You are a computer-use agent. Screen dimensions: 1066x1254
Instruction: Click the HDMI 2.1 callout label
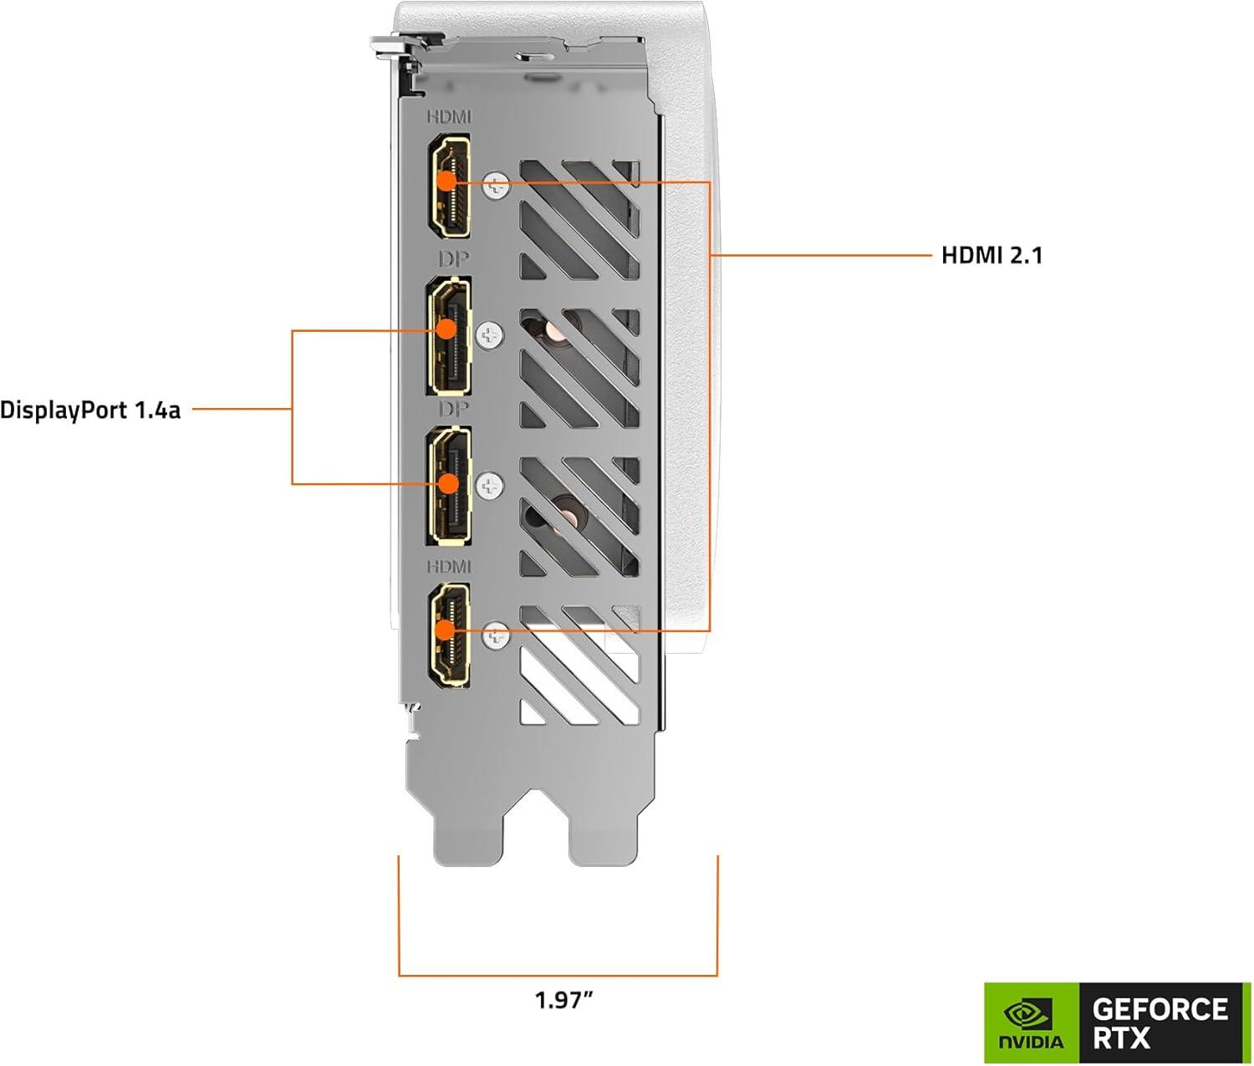point(991,255)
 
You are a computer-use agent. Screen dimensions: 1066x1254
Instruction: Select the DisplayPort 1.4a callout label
point(90,411)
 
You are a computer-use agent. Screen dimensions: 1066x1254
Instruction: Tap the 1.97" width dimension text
point(563,999)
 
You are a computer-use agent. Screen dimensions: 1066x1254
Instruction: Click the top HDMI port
point(449,186)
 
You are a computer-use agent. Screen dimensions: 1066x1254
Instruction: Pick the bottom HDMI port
point(449,635)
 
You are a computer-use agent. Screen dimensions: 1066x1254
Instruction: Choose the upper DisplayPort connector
point(449,335)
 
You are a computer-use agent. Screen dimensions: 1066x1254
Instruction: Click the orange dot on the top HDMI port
point(448,181)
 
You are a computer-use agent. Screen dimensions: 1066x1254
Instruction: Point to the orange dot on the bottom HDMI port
point(446,630)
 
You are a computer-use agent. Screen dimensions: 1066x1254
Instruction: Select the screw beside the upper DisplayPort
point(489,336)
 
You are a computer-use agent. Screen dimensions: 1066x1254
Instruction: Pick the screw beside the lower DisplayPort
point(489,486)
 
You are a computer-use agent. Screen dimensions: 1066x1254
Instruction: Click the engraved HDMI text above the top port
point(449,117)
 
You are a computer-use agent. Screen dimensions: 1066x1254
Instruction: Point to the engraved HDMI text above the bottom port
point(449,567)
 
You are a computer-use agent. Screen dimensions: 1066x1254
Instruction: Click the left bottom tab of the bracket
point(468,836)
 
